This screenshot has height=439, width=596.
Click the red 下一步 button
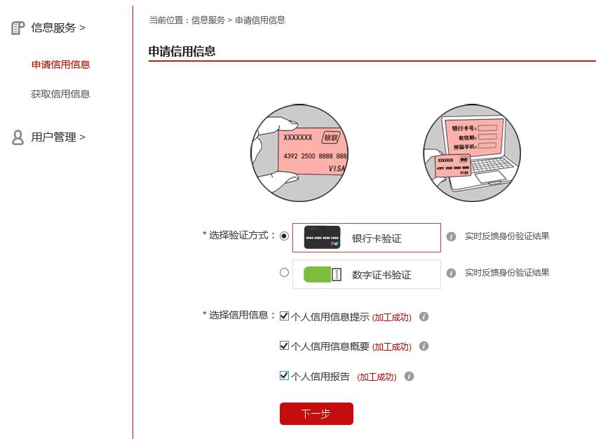pyautogui.click(x=316, y=414)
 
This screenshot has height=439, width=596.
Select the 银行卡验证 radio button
pyautogui.click(x=284, y=236)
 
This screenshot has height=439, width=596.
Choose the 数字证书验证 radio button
pyautogui.click(x=284, y=273)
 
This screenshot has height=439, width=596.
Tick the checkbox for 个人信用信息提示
pyautogui.click(x=284, y=316)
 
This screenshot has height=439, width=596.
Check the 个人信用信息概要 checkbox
pyautogui.click(x=284, y=346)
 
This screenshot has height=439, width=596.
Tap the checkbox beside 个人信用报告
pyautogui.click(x=284, y=376)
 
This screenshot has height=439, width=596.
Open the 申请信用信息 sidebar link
pyautogui.click(x=61, y=65)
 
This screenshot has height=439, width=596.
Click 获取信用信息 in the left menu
pyautogui.click(x=61, y=94)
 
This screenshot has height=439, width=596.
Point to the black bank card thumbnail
pyautogui.click(x=323, y=238)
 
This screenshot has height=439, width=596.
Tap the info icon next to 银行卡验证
pyautogui.click(x=452, y=237)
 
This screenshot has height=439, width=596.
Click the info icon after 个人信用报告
pyautogui.click(x=409, y=377)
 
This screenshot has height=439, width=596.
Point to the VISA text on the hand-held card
pyautogui.click(x=336, y=169)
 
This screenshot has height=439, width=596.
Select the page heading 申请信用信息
pyautogui.click(x=182, y=51)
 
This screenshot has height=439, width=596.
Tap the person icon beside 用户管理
pyautogui.click(x=18, y=137)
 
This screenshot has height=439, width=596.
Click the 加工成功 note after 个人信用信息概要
pyautogui.click(x=392, y=346)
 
